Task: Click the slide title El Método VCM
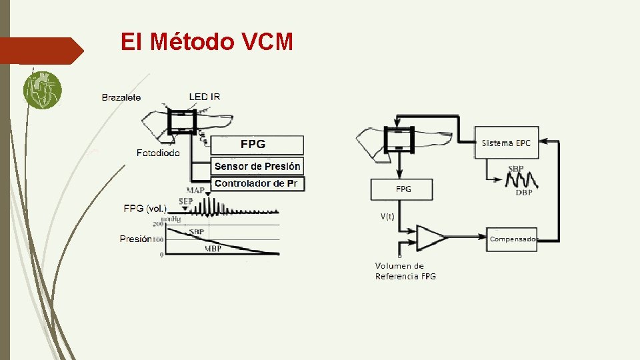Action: click(x=207, y=42)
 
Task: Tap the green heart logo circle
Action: click(x=42, y=90)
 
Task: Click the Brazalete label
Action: click(x=121, y=97)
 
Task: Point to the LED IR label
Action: click(x=204, y=97)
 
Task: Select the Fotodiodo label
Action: click(x=158, y=153)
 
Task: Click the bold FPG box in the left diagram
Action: click(x=257, y=145)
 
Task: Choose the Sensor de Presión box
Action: click(x=257, y=166)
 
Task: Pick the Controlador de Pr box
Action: click(x=257, y=183)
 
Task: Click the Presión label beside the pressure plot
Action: click(x=136, y=239)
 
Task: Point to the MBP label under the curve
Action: click(x=213, y=249)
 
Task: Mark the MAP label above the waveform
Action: click(x=196, y=191)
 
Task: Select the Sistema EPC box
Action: click(x=507, y=143)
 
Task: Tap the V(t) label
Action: click(x=388, y=216)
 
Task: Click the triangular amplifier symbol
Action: click(x=430, y=237)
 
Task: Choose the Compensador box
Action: click(x=513, y=239)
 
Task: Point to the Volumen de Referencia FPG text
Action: click(x=405, y=271)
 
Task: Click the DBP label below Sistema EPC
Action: click(x=523, y=193)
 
